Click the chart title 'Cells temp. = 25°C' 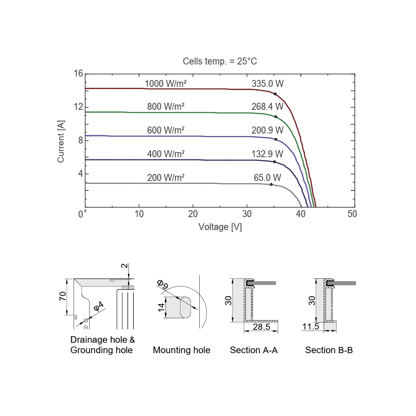click(x=220, y=61)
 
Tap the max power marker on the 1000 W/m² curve click(x=275, y=94)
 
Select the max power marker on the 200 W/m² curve click(x=271, y=184)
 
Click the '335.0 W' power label click(x=267, y=84)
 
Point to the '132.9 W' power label click(x=267, y=154)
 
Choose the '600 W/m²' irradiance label click(x=166, y=130)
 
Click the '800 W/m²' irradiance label click(x=166, y=106)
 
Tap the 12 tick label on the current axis click(x=79, y=106)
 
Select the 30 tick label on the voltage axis click(x=247, y=214)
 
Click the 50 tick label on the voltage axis click(x=352, y=214)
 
